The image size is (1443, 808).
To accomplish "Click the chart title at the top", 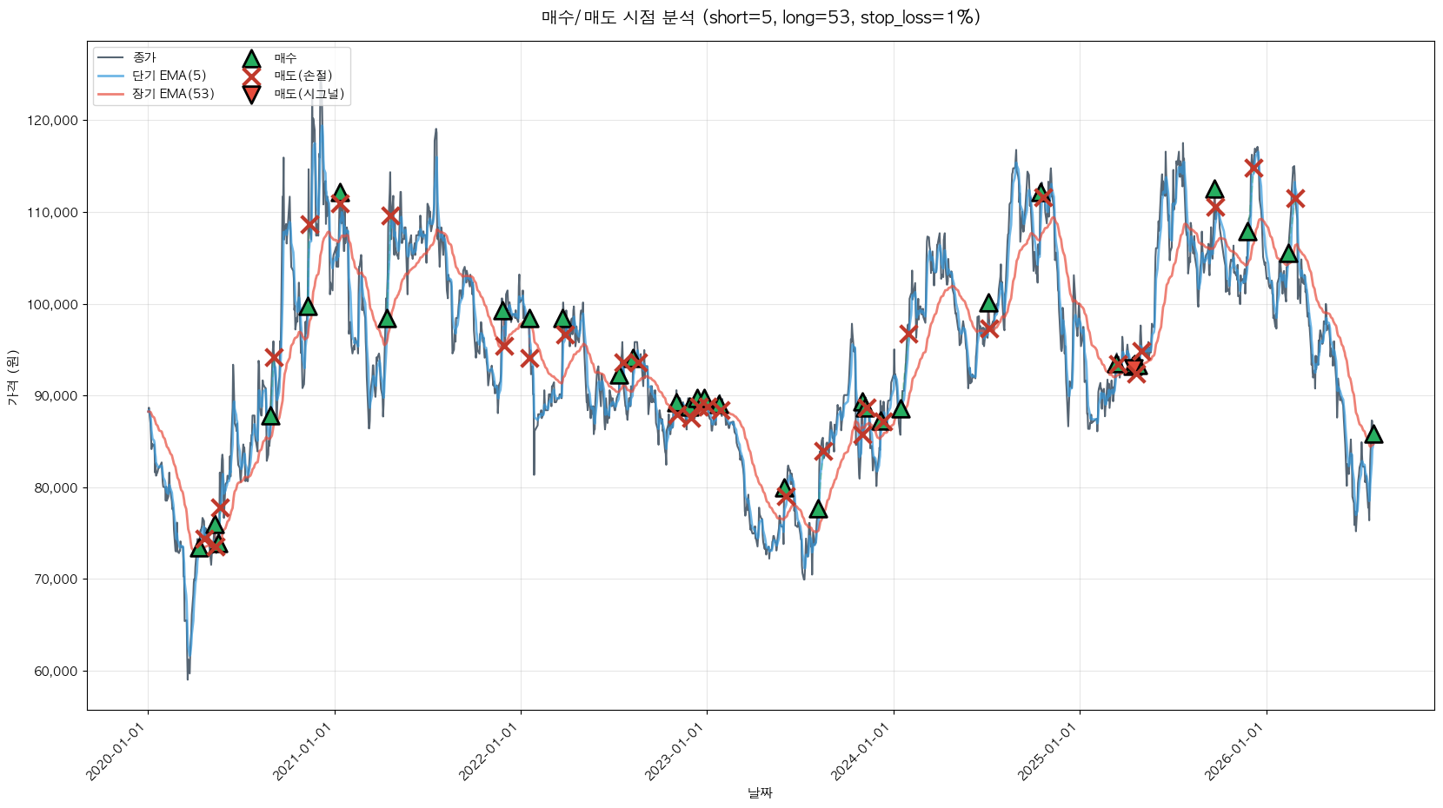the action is point(761,17).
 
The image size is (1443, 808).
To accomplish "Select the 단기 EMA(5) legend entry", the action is point(152,76).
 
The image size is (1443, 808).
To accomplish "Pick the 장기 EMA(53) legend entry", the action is point(156,94).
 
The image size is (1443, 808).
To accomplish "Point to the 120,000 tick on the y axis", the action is point(52,121).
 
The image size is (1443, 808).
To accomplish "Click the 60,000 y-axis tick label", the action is point(56,672).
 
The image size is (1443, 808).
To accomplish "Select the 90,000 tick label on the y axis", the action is point(56,396).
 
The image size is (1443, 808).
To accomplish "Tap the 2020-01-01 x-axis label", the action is point(120,752).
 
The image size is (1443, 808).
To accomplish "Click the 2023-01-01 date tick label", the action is point(679,752).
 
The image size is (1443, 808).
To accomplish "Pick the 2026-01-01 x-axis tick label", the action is point(1239,752).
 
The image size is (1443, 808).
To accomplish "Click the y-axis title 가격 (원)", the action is point(13,378).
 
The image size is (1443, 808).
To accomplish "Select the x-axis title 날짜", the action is point(760,792).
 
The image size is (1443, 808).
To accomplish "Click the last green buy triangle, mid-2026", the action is point(1373,434).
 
